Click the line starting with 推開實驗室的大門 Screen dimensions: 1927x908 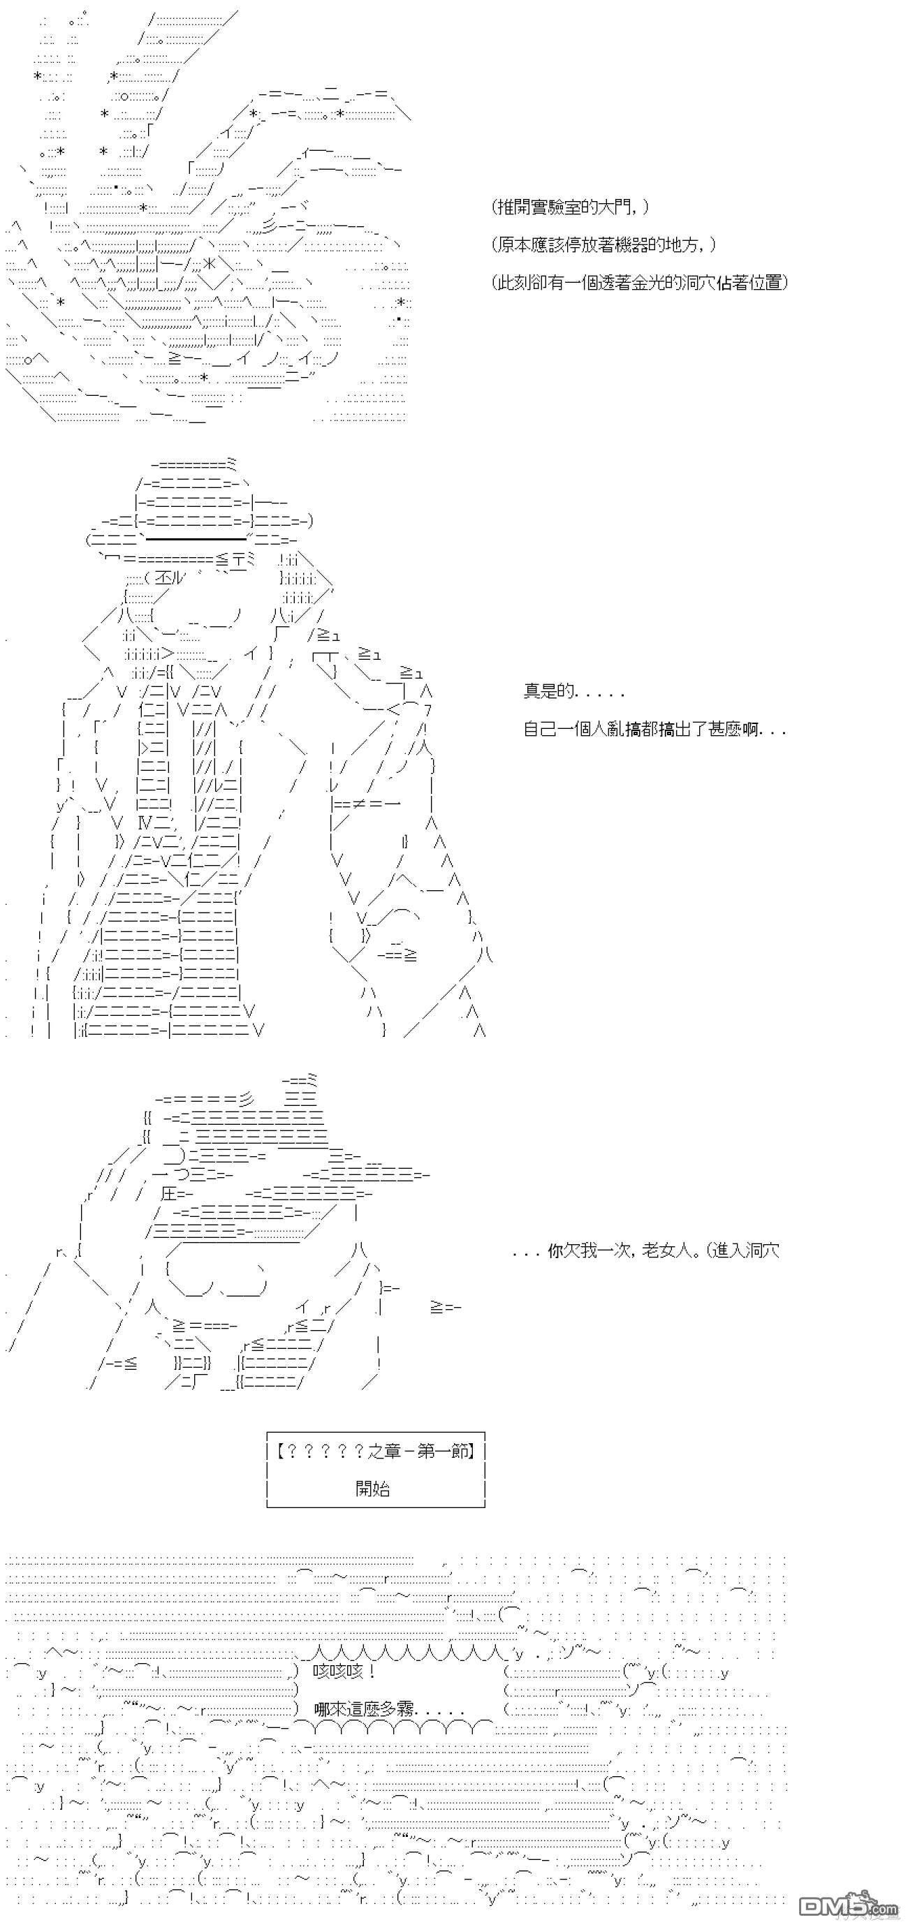pos(571,207)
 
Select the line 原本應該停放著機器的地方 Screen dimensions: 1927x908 pos(603,244)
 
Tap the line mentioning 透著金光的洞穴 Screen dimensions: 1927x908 pos(640,283)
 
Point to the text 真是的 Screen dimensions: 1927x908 pos(573,691)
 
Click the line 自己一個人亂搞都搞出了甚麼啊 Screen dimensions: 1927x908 pos(654,729)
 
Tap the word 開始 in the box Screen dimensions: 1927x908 pos(373,1488)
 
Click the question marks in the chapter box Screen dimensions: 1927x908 pos(323,1452)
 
